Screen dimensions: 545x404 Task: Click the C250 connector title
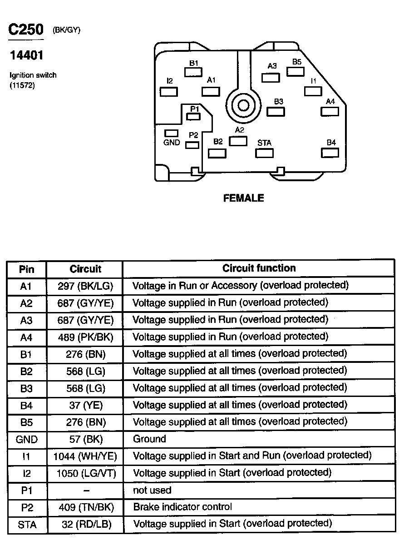tap(26, 30)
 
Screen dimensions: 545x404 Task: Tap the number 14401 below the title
tap(27, 55)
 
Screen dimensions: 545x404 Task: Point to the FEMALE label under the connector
tap(244, 198)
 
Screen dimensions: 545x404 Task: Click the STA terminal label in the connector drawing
tap(264, 143)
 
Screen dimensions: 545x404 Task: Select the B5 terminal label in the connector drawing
tap(297, 61)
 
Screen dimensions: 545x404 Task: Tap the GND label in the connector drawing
tap(172, 142)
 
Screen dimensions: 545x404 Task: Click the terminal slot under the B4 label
tap(330, 153)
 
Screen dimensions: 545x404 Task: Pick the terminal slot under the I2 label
tap(169, 91)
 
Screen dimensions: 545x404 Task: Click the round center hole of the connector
tap(243, 106)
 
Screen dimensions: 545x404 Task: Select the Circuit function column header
tap(259, 268)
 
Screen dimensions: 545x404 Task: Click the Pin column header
tap(27, 269)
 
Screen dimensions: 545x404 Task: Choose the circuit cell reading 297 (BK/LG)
tap(85, 286)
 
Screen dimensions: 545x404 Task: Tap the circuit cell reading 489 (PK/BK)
tap(85, 337)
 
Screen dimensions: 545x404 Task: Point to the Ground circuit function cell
tap(149, 439)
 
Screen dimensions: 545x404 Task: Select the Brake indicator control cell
tap(182, 507)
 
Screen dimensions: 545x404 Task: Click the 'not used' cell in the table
tap(152, 490)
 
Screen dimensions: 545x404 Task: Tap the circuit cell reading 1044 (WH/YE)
tap(85, 456)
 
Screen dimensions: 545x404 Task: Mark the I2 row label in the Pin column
tap(27, 473)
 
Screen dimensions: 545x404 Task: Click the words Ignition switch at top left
tap(33, 75)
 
